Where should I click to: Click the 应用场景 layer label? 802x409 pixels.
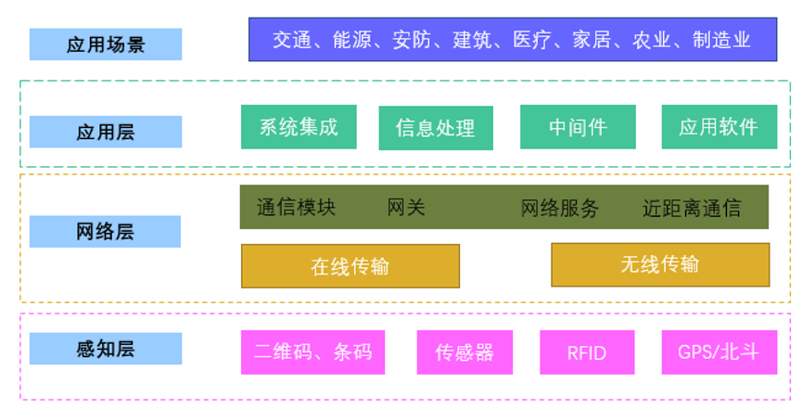106,45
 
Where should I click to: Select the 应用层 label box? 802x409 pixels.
106,132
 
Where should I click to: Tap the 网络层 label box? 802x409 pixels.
105,232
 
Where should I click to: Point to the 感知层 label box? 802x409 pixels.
106,349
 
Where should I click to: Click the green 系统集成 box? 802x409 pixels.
299,127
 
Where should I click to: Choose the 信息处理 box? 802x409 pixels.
436,128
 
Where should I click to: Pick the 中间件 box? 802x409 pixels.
578,127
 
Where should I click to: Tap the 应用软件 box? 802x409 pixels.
719,127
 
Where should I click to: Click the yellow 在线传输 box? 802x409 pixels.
350,266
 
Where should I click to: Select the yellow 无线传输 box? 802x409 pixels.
660,264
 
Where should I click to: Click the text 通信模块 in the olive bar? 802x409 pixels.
296,208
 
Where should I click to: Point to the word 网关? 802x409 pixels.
406,208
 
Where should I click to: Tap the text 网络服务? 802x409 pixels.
560,208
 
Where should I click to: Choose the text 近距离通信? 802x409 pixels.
692,208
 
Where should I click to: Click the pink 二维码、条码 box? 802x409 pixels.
312,352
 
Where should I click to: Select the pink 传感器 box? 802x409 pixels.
465,352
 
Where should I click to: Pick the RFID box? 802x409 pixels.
587,352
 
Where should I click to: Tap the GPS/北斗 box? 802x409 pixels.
719,352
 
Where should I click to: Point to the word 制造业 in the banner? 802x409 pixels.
721,40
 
